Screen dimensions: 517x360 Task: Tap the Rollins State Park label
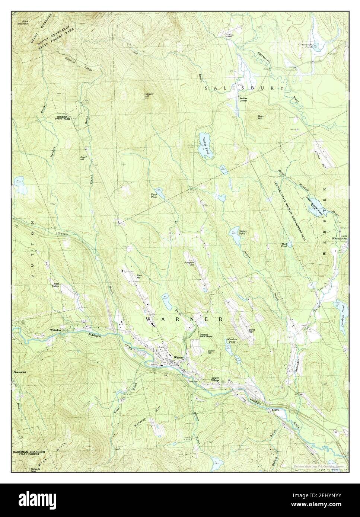pyautogui.click(x=63, y=118)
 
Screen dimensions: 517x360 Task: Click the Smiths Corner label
pyautogui.click(x=243, y=99)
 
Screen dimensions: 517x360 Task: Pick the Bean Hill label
pyautogui.click(x=261, y=117)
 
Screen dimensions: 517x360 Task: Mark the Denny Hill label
pyautogui.click(x=212, y=351)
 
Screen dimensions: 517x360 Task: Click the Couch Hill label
pyautogui.click(x=84, y=158)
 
